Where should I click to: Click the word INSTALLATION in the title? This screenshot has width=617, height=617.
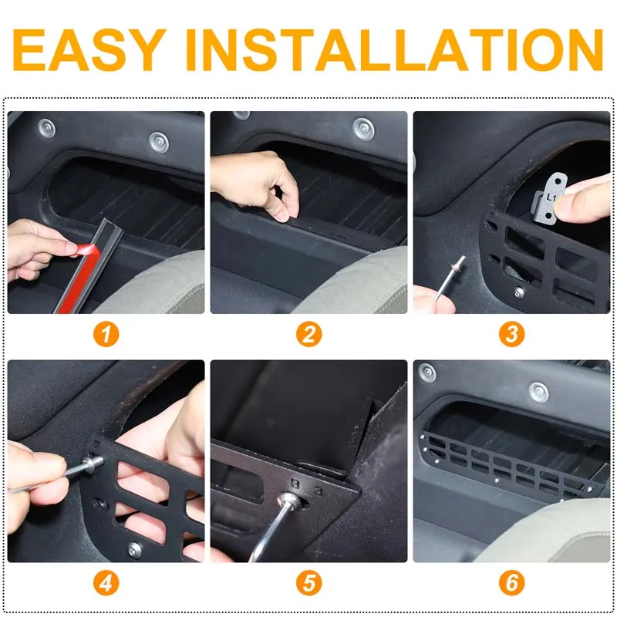click(x=394, y=49)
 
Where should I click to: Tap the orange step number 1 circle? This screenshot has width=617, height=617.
click(x=106, y=335)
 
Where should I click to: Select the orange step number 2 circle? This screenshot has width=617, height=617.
click(x=309, y=335)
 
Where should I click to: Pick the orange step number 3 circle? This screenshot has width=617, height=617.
click(x=511, y=334)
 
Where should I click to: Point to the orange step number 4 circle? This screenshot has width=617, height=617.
click(x=106, y=583)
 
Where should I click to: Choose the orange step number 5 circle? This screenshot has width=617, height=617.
click(x=309, y=583)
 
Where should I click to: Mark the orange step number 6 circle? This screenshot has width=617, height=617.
click(x=511, y=582)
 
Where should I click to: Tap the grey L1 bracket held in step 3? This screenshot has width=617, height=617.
click(x=550, y=198)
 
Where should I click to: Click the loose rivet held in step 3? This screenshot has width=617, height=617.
click(x=450, y=277)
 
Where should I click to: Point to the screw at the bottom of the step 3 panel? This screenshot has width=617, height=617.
click(x=519, y=292)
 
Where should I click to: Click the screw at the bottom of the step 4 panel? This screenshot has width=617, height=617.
click(x=135, y=549)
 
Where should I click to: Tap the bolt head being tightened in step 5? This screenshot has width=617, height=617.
click(x=290, y=501)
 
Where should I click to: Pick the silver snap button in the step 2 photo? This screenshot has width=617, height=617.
click(x=363, y=128)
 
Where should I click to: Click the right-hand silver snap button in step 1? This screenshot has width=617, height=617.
click(x=159, y=142)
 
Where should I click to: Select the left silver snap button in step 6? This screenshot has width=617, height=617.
click(x=427, y=373)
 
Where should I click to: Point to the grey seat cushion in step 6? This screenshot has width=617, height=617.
click(x=551, y=531)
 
